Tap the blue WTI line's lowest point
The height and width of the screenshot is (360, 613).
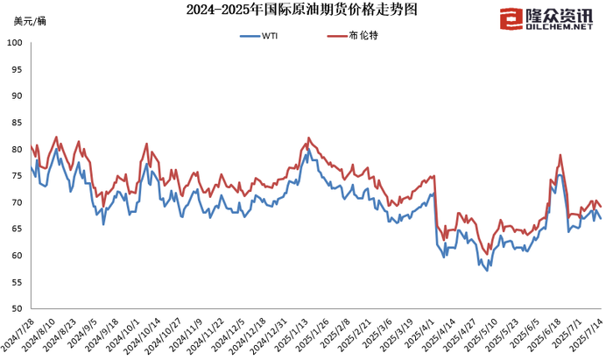[x=488, y=271]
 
